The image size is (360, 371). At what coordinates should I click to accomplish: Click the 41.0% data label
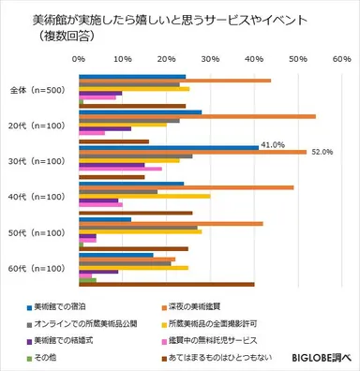tap(273, 145)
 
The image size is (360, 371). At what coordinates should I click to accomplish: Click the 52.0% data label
tap(322, 152)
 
